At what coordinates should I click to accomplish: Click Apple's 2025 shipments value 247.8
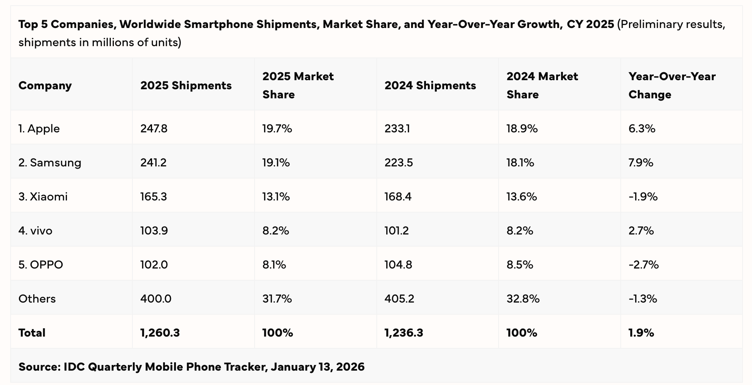tap(154, 129)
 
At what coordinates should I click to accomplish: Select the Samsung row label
tap(50, 163)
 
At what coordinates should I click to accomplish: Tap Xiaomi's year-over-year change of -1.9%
tap(643, 197)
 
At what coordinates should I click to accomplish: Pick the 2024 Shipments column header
tap(430, 85)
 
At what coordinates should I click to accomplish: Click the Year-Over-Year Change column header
tap(672, 85)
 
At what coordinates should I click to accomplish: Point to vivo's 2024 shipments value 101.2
tap(396, 231)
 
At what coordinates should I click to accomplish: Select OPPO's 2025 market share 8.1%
tap(274, 265)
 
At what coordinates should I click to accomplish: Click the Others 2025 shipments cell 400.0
tap(155, 299)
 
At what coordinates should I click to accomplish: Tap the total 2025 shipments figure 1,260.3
tap(160, 333)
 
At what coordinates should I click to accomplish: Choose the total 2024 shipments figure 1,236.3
tap(404, 333)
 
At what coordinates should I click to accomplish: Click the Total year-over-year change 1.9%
tap(641, 333)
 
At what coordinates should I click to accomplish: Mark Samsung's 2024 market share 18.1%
tap(520, 163)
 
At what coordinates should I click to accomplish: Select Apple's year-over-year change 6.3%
tap(642, 129)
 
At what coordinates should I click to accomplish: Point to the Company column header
tap(45, 85)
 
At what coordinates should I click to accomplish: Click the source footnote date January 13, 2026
tap(317, 367)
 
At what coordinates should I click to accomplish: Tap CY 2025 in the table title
tap(590, 24)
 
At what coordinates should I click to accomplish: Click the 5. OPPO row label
tap(40, 265)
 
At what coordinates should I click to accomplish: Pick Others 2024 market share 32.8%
tap(523, 299)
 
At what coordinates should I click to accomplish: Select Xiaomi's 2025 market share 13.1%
tap(276, 197)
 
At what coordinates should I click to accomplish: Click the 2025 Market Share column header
tap(298, 85)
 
